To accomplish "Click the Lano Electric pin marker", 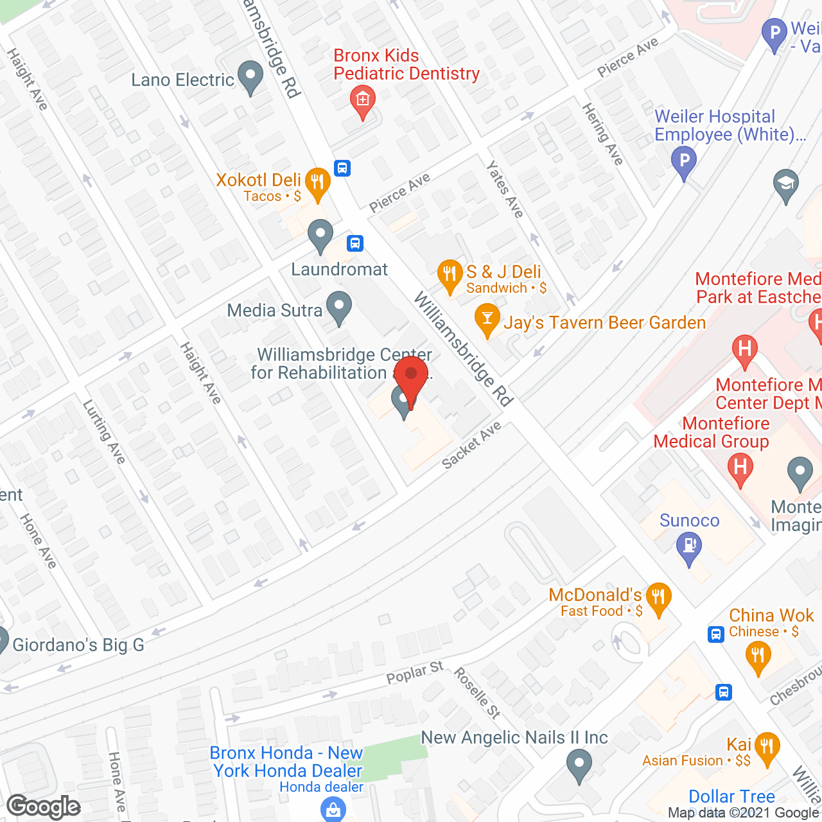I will point(250,77).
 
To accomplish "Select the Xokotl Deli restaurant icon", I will point(317,184).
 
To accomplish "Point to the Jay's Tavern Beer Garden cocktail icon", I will point(487,319).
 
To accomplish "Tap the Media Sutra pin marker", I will point(339,308).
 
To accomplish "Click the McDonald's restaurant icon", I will point(658,599).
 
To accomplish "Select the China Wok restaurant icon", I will point(758,658).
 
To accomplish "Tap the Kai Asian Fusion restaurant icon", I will point(767,749).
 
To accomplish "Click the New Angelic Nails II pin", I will point(579,766).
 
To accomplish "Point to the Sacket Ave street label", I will point(472,445).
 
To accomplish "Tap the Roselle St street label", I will point(477,692).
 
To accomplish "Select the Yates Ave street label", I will point(505,189).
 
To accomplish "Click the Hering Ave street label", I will point(602,134).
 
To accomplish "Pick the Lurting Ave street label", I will point(104,432).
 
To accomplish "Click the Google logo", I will point(44,807).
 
